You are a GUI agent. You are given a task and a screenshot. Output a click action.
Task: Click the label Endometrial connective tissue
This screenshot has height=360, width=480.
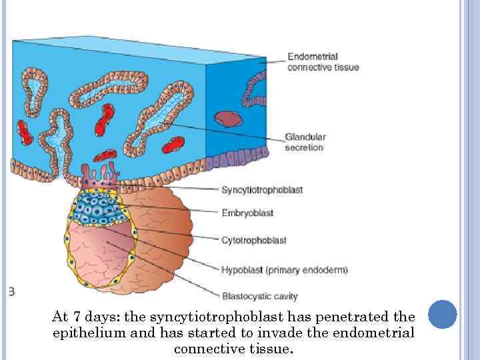323,62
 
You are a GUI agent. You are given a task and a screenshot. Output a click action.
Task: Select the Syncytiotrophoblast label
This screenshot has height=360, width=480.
262,190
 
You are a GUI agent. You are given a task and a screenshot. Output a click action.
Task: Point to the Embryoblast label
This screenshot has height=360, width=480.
247,213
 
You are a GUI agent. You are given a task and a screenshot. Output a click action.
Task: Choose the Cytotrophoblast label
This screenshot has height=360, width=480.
254,240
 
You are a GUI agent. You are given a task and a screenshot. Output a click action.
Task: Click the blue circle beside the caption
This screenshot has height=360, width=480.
442,314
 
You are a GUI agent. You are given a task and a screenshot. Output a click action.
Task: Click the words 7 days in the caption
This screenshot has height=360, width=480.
91,316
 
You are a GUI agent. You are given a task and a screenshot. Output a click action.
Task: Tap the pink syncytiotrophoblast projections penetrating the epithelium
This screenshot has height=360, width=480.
99,175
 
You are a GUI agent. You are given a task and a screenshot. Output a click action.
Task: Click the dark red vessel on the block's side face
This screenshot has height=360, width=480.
228,119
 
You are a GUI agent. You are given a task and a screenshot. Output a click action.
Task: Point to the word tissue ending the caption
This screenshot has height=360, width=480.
273,348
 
